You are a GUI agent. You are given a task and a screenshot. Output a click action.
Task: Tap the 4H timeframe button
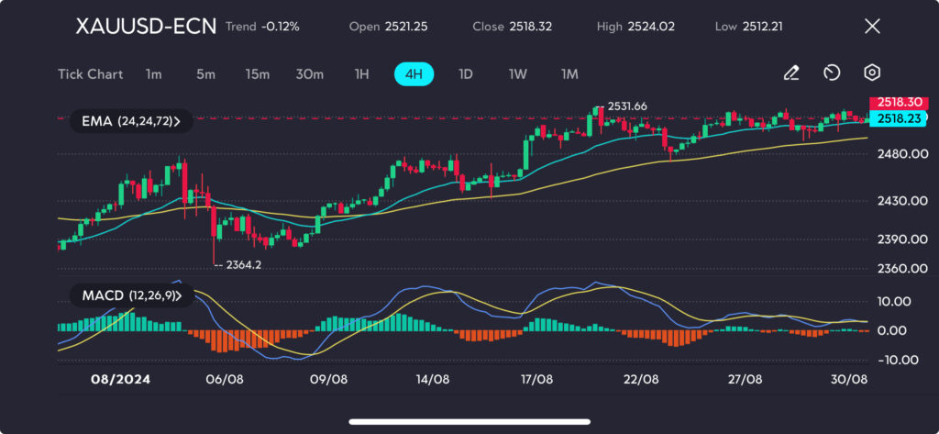[414, 73]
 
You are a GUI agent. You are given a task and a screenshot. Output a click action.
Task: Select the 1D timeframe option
[465, 73]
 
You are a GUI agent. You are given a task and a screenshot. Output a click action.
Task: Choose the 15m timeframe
[258, 73]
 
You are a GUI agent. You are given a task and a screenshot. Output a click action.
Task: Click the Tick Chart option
[90, 73]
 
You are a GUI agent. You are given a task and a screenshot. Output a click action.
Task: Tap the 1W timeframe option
[517, 73]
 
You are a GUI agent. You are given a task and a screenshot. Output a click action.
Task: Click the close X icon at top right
[873, 26]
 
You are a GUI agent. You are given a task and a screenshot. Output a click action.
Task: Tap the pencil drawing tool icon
[790, 72]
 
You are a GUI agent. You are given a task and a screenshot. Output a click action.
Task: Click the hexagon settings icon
[872, 72]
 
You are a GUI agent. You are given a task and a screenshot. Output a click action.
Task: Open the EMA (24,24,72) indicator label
[131, 120]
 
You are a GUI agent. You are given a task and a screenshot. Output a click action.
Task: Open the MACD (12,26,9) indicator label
[131, 295]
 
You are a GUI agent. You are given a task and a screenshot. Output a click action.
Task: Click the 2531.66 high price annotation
[627, 106]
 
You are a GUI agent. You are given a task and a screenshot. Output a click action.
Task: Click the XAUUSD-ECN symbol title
[146, 27]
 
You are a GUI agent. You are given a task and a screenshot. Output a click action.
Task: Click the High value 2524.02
[650, 27]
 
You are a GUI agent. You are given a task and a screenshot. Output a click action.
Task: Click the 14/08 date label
[432, 378]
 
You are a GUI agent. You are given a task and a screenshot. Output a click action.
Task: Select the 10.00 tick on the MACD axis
[894, 301]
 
